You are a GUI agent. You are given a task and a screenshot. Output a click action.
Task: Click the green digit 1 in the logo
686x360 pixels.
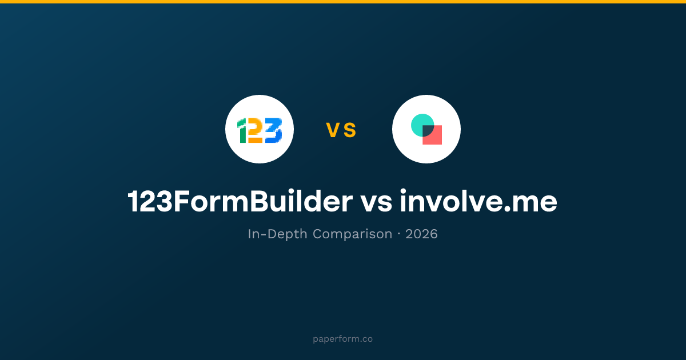click(x=242, y=131)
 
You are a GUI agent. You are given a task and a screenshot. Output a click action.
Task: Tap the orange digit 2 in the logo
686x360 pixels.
click(x=256, y=131)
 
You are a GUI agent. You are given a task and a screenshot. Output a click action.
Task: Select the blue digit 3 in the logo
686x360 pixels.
click(x=273, y=130)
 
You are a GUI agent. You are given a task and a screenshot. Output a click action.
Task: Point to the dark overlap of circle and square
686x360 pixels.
click(x=428, y=130)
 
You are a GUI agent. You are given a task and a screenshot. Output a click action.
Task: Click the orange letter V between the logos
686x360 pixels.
click(x=333, y=130)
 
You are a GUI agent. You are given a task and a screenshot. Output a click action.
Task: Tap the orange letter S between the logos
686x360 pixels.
click(x=350, y=130)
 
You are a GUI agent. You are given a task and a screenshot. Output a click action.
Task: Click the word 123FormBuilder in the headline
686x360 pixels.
click(x=240, y=201)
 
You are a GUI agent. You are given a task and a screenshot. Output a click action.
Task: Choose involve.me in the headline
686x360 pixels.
click(x=478, y=201)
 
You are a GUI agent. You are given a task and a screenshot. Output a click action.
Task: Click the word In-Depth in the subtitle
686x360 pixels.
click(x=277, y=234)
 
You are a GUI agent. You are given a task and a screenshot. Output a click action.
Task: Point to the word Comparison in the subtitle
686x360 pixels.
click(x=353, y=234)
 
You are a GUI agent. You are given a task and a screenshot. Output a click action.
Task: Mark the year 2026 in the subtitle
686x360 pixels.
click(x=421, y=234)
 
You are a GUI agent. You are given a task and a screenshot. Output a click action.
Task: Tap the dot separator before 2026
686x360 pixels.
click(x=399, y=234)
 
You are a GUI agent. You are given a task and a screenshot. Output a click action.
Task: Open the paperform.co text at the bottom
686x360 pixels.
click(x=342, y=339)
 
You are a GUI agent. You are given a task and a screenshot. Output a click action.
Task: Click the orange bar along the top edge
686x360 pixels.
click(x=343, y=2)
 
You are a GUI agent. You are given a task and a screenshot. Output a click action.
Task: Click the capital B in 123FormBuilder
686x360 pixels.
click(x=261, y=201)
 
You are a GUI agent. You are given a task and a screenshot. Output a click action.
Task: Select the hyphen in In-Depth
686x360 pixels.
click(x=264, y=235)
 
